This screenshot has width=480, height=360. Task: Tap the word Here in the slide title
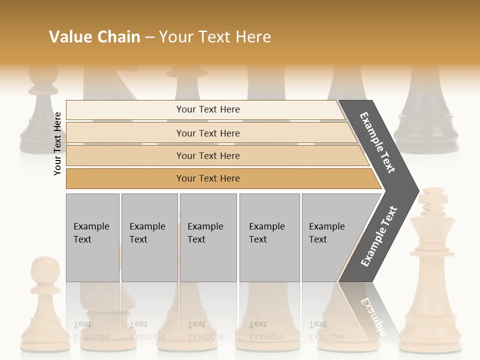pos(253,37)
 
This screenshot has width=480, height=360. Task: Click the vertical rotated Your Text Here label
pos(58,143)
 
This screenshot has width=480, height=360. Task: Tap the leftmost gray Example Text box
pos(92,237)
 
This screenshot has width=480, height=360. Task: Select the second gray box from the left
pos(149,237)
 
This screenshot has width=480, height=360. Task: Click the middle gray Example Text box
pos(208,237)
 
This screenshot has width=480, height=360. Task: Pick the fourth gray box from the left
pos(269,237)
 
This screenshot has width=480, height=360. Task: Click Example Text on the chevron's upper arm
pos(377,142)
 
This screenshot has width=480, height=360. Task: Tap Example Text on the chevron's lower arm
pos(379,236)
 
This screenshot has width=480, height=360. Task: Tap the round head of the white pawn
pos(45,269)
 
